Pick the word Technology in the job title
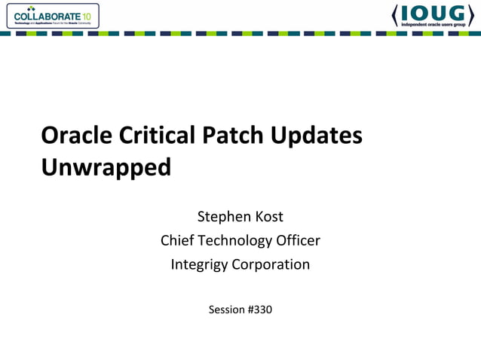coord(235,241)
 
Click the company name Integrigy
coord(201,265)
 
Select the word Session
coord(225,309)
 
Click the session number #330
coord(259,309)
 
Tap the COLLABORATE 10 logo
coord(51,16)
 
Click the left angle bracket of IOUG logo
coord(396,15)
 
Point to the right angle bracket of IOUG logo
coord(470,15)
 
